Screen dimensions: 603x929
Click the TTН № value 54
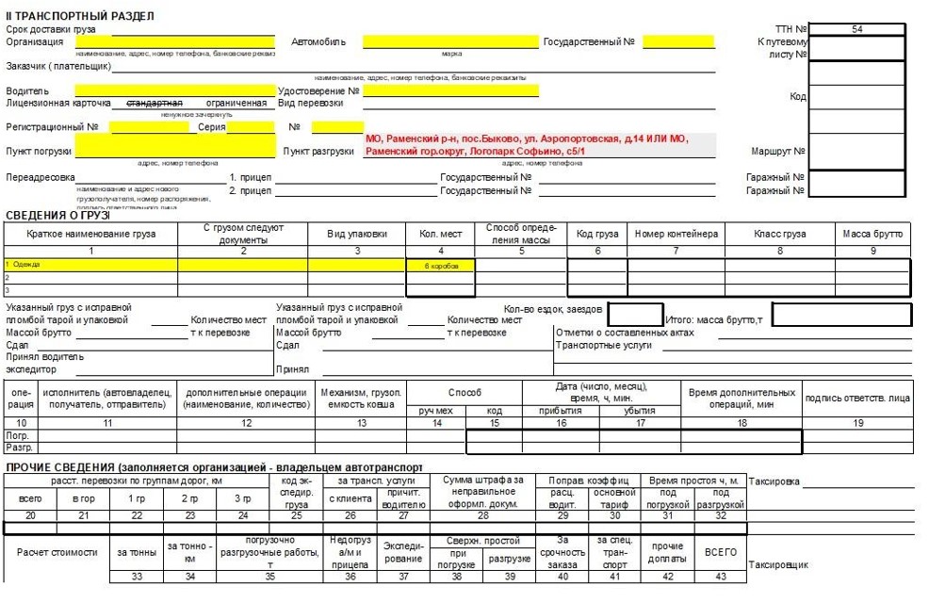[x=856, y=29]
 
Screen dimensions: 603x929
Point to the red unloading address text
[x=528, y=145]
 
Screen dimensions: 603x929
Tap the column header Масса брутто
[x=872, y=234]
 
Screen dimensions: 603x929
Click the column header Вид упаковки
[x=357, y=234]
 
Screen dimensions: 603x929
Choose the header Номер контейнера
[x=676, y=234]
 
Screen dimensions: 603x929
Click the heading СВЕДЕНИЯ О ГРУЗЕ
[x=58, y=216]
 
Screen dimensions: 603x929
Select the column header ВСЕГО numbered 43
[x=721, y=552]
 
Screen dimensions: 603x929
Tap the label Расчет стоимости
[x=57, y=552]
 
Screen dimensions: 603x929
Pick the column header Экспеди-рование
[x=403, y=552]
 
